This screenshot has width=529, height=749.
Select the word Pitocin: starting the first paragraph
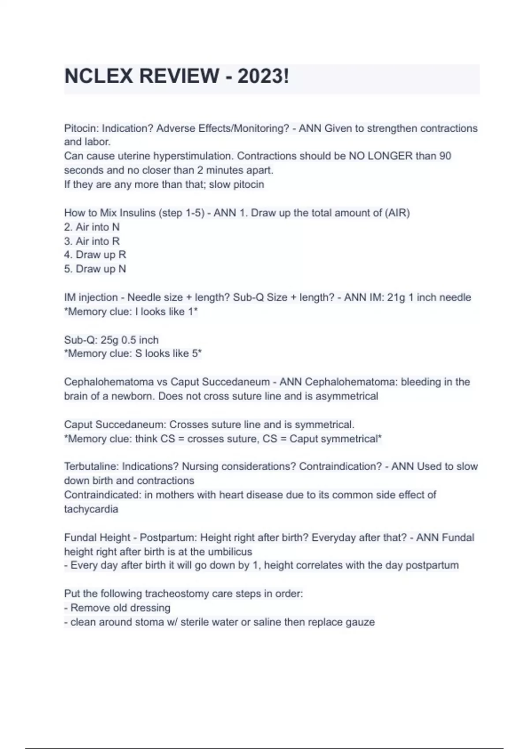coord(82,128)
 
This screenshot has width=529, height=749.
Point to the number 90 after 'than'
coord(445,156)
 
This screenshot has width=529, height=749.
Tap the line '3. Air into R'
coord(92,241)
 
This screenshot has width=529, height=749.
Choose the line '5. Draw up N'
coord(95,269)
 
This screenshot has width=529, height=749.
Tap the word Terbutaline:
coord(91,466)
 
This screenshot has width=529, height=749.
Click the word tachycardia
coord(91,509)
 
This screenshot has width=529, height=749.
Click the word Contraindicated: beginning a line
coord(103,495)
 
